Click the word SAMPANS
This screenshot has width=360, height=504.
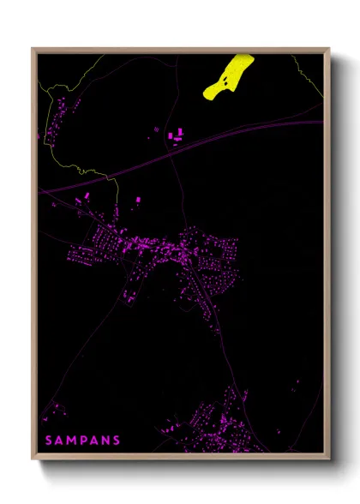tap(82, 440)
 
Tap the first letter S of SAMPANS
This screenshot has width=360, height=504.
tap(48, 440)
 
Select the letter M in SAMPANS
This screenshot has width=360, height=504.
tap(71, 440)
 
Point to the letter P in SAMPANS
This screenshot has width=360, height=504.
tap(83, 440)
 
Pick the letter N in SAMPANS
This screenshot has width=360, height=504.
tap(105, 440)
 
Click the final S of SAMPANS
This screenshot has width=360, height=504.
tap(117, 440)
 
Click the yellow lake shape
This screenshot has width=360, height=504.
tap(229, 76)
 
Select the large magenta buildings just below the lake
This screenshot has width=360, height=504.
tap(177, 135)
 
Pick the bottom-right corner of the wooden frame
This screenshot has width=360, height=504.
tap(328, 458)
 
